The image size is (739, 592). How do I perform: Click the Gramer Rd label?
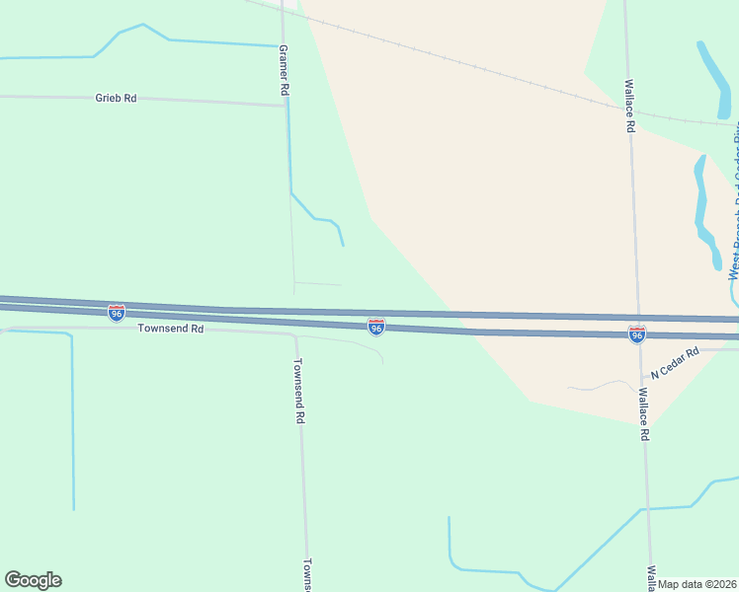[284, 70]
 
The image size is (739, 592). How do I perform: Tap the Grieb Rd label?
[116, 98]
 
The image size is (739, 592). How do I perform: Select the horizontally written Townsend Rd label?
[170, 329]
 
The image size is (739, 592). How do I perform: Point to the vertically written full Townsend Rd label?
[298, 390]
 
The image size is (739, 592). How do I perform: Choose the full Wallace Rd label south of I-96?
[642, 413]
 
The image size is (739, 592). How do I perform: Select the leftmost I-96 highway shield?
[117, 313]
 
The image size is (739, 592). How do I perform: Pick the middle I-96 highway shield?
[375, 326]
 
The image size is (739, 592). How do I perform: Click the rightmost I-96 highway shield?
[637, 334]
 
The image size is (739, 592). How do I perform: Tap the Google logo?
[33, 580]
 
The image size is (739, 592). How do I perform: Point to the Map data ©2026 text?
[698, 584]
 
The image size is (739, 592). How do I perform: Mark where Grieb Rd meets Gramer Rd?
[286, 105]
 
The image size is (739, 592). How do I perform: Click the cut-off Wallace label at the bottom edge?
[651, 575]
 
